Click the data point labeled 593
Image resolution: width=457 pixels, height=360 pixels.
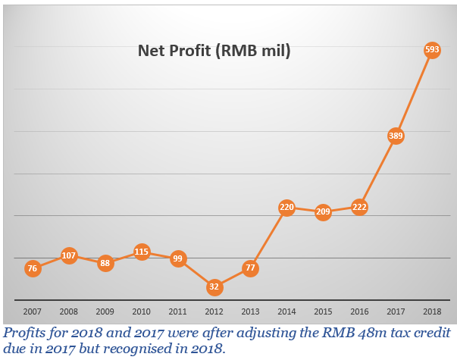pyautogui.click(x=432, y=51)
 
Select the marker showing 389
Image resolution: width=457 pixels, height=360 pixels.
pyautogui.click(x=396, y=136)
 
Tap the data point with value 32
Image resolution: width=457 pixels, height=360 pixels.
pyautogui.click(x=214, y=287)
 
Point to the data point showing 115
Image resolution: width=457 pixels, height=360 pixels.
pyautogui.click(x=142, y=252)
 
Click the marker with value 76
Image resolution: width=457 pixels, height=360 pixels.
pyautogui.click(x=33, y=268)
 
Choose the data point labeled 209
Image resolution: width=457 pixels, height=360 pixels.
pyautogui.click(x=323, y=212)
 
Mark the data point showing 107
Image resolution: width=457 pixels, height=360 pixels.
pyautogui.click(x=69, y=255)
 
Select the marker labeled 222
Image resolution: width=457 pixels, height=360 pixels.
pyautogui.click(x=359, y=207)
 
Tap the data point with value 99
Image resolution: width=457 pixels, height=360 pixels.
pyautogui.click(x=178, y=258)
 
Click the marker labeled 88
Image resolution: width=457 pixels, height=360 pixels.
pyautogui.click(x=105, y=264)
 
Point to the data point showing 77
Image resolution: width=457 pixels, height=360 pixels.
pyautogui.click(x=251, y=268)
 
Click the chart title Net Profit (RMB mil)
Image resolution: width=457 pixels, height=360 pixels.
pyautogui.click(x=214, y=52)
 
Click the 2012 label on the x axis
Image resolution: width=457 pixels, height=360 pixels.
pyautogui.click(x=214, y=311)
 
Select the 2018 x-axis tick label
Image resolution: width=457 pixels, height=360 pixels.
pyautogui.click(x=432, y=311)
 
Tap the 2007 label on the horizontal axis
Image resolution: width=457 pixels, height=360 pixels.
pyautogui.click(x=33, y=311)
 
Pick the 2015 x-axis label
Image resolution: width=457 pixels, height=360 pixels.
pyautogui.click(x=323, y=311)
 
